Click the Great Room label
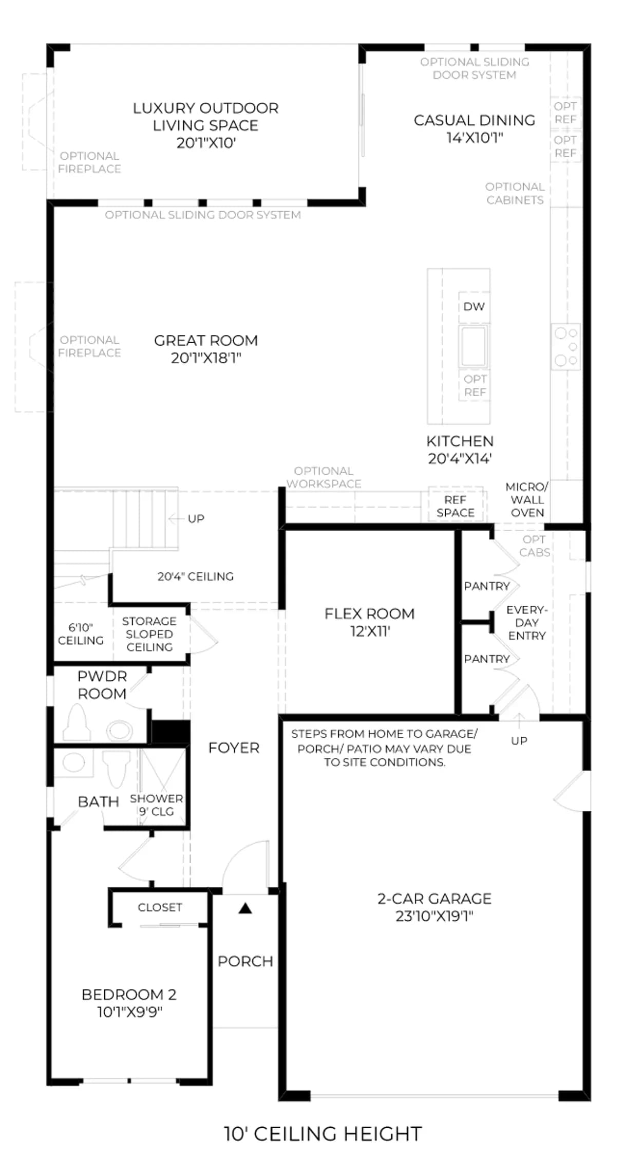pos(206,349)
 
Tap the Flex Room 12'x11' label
pos(370,622)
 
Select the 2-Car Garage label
pos(434,907)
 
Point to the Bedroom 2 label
pos(129,1003)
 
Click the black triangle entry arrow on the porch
pos(245,908)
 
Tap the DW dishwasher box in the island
pos(474,307)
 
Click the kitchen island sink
pos(474,345)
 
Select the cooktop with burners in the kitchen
pos(566,346)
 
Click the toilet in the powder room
pos(77,722)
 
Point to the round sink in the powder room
pos(119,730)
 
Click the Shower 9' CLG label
pos(156,805)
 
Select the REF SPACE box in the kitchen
pos(455,506)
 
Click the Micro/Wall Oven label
pos(527,499)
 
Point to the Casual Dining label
pos(475,128)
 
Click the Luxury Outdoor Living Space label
pos(206,125)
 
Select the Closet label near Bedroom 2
pos(160,907)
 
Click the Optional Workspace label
pos(324,477)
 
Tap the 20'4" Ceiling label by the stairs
pos(195,576)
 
